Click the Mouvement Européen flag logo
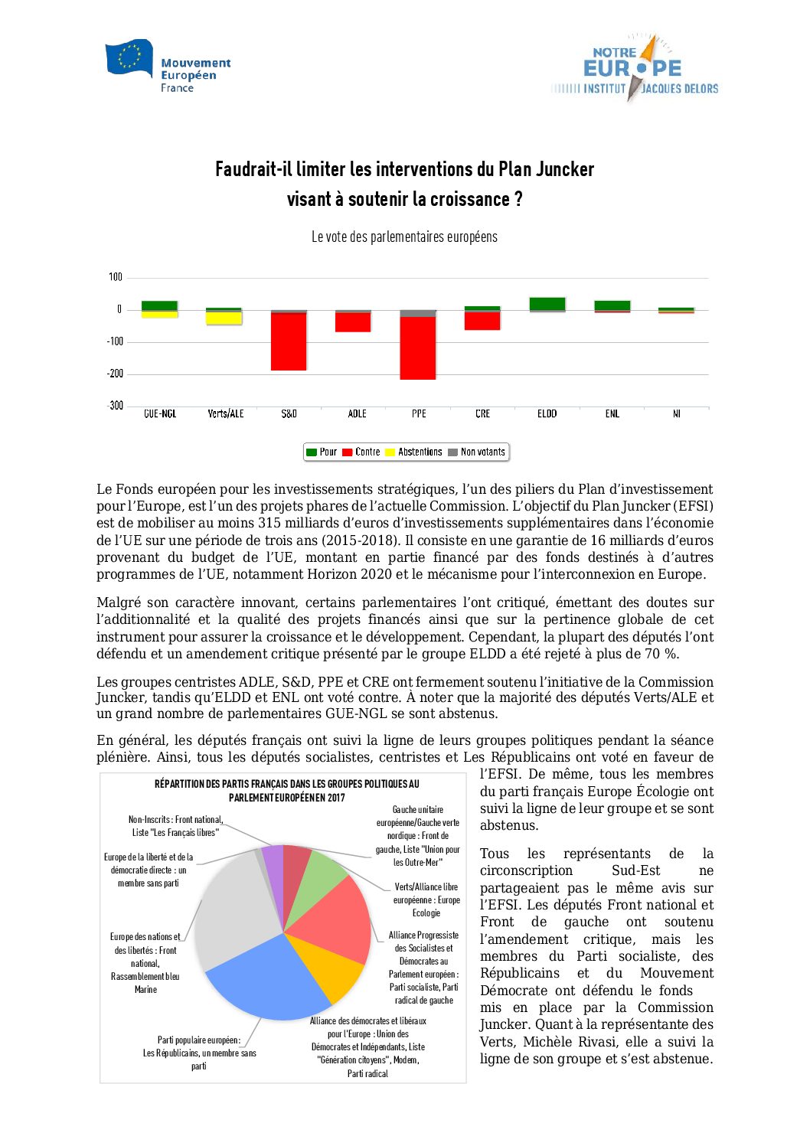129,58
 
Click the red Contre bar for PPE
418,348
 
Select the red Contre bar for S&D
289,341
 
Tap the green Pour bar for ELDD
547,303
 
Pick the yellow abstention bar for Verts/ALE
224,318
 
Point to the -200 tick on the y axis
115,374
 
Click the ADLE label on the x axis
357,414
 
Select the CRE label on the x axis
482,414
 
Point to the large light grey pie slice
230,911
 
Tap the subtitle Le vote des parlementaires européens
404,237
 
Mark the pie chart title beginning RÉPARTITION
287,790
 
